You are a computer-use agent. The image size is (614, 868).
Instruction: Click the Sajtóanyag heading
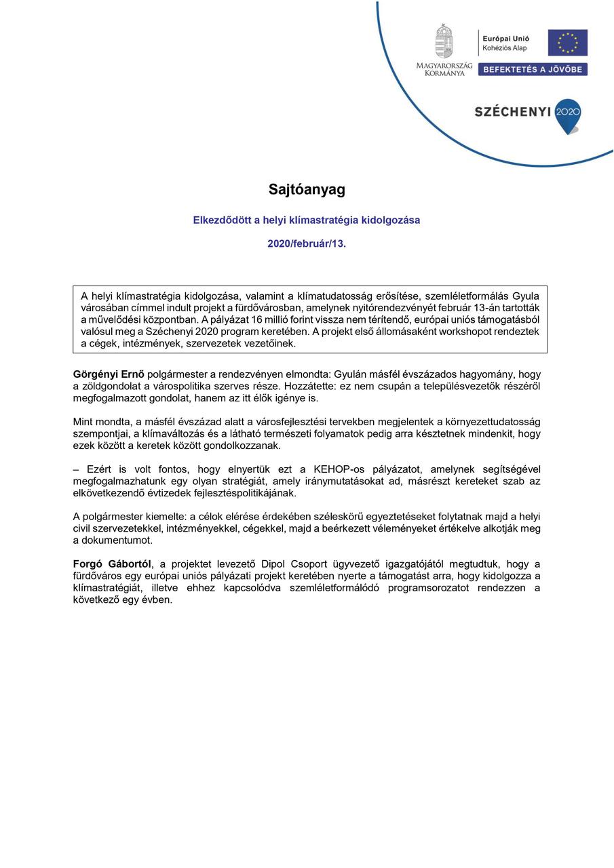pos(307,189)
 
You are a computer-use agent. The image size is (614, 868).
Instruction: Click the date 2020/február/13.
pos(307,243)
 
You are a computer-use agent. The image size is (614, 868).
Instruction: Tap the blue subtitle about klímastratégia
pos(307,220)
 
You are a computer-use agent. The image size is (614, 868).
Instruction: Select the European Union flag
pos(568,43)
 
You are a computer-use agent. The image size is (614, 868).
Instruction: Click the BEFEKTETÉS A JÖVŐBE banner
pos(533,69)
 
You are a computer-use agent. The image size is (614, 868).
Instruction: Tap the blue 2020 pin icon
pos(568,115)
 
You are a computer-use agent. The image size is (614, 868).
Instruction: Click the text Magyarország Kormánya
pos(444,68)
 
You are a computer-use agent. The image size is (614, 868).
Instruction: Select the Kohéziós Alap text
pos(505,48)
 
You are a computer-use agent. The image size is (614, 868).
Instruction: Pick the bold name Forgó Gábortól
pos(112,564)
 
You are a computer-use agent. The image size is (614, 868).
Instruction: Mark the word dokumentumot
pos(113,540)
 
